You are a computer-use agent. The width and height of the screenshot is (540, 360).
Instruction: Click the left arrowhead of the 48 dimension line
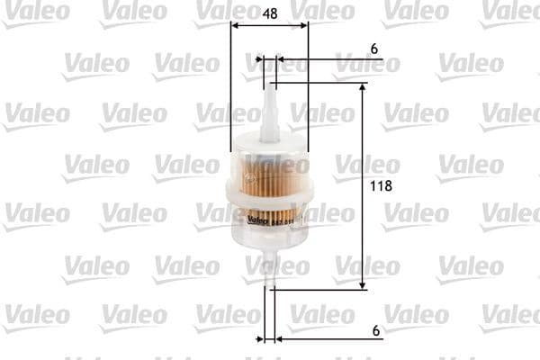point(236,25)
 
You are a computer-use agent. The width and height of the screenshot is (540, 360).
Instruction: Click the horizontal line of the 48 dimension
point(270,25)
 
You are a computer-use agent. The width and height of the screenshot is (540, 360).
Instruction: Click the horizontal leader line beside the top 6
point(333,61)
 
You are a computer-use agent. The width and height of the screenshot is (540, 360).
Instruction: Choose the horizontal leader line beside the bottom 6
point(333,339)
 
